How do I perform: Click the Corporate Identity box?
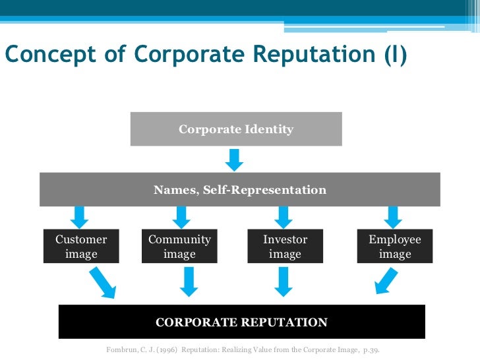(x=236, y=129)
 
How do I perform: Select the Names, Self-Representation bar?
(x=240, y=190)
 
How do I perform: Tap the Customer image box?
(x=81, y=247)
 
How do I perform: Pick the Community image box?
(x=179, y=247)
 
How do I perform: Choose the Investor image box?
(x=285, y=247)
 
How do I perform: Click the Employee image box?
(x=394, y=247)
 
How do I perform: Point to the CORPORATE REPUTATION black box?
(x=241, y=322)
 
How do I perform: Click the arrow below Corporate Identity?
(x=234, y=160)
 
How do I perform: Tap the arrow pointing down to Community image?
(x=182, y=216)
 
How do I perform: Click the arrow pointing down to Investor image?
(x=284, y=216)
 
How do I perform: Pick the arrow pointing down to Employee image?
(x=393, y=216)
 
